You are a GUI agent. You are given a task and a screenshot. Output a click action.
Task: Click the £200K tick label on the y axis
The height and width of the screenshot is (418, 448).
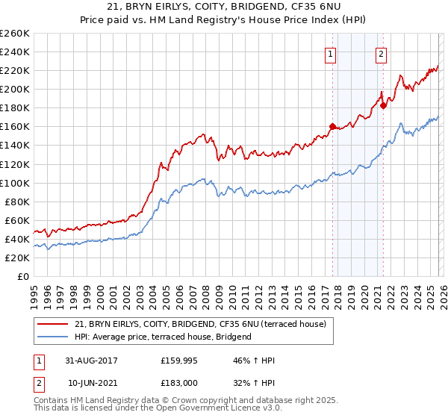pyautogui.click(x=15, y=89)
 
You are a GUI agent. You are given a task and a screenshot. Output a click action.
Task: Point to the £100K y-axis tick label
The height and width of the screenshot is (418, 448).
pyautogui.click(x=15, y=183)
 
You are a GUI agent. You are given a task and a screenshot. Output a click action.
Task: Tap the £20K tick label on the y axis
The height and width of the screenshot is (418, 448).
pyautogui.click(x=17, y=258)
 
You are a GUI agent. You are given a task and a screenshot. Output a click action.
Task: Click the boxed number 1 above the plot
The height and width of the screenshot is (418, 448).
pyautogui.click(x=330, y=53)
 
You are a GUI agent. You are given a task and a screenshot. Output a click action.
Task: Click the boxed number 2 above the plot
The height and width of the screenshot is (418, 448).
pyautogui.click(x=381, y=53)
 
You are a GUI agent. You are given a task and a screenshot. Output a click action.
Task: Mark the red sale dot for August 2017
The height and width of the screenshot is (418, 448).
pyautogui.click(x=332, y=126)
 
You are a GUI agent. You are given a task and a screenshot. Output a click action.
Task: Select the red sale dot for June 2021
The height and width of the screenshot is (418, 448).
pyautogui.click(x=383, y=105)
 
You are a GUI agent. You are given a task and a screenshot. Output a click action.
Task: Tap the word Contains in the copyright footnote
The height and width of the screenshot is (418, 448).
pyautogui.click(x=53, y=400)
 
